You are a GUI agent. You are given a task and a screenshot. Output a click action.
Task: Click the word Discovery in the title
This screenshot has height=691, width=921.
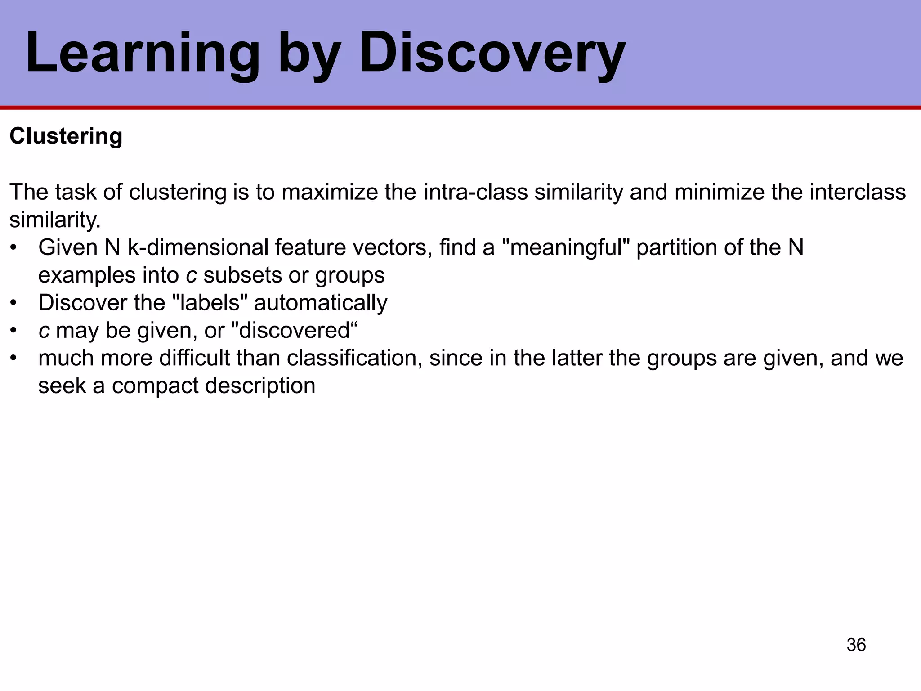click(x=492, y=53)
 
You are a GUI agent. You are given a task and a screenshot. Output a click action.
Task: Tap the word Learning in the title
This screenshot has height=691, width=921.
click(x=143, y=53)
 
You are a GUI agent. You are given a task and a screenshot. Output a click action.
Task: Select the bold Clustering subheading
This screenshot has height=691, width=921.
click(x=66, y=136)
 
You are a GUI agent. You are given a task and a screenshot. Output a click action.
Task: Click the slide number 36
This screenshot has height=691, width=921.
click(x=856, y=645)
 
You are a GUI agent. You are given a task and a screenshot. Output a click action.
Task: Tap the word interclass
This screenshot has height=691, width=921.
click(x=858, y=192)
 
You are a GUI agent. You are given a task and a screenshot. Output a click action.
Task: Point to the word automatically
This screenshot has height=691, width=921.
click(x=320, y=303)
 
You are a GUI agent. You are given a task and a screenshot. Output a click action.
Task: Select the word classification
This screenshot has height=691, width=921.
click(x=354, y=359)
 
